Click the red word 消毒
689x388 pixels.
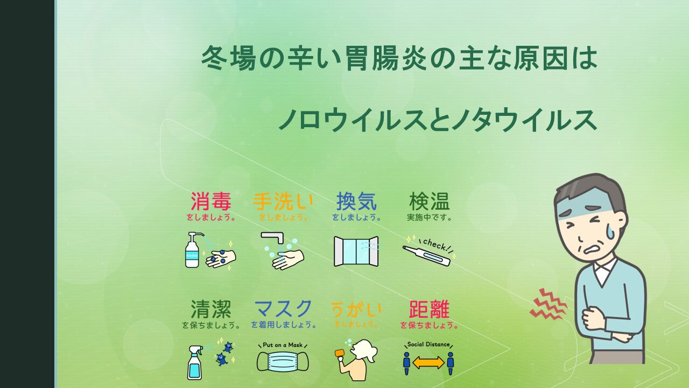(211, 201)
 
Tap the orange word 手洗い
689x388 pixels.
(283, 202)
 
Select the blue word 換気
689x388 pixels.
(356, 201)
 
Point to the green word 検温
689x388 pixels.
(430, 201)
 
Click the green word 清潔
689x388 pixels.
(211, 309)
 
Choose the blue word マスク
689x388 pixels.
(283, 309)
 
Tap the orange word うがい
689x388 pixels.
(356, 310)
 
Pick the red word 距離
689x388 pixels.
(430, 309)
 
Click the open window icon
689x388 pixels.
(356, 251)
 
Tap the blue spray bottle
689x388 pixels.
(195, 363)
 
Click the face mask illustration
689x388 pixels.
(283, 362)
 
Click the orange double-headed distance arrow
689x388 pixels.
(428, 363)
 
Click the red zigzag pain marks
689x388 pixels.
(548, 304)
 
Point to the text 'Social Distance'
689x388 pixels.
(428, 344)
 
